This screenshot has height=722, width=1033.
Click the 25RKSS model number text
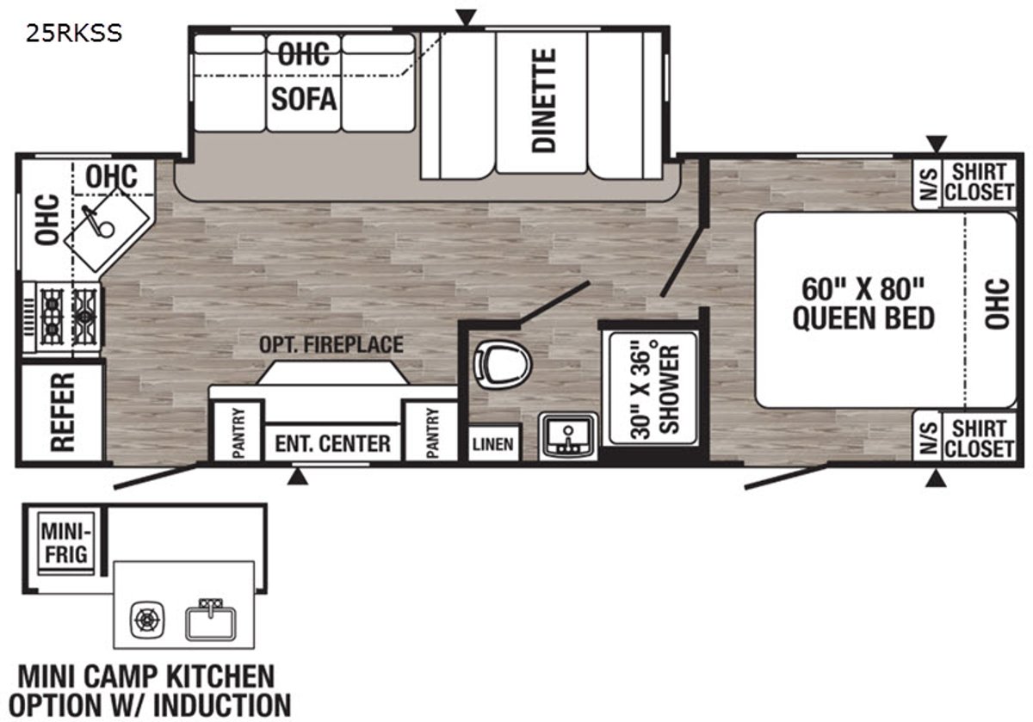[74, 34]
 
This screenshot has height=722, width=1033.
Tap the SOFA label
[304, 99]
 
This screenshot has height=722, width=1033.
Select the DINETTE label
[544, 100]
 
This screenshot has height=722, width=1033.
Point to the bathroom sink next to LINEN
[568, 435]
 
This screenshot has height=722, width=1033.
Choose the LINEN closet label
[492, 444]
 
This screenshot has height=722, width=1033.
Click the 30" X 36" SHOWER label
[655, 391]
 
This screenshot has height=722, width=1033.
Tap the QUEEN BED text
[863, 318]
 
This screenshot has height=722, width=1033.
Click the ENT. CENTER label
[332, 443]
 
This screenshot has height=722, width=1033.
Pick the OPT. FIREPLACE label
[331, 345]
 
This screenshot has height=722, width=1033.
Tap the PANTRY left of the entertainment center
[238, 433]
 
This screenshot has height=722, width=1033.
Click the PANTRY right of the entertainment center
[432, 433]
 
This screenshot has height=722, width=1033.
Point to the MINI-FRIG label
[66, 544]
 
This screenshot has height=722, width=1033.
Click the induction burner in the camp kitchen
[147, 620]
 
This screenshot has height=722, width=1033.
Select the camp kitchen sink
[211, 620]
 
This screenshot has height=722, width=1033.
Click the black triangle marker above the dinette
[466, 17]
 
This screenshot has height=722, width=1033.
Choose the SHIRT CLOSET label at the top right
[979, 182]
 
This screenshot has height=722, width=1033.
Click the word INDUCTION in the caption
[222, 705]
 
